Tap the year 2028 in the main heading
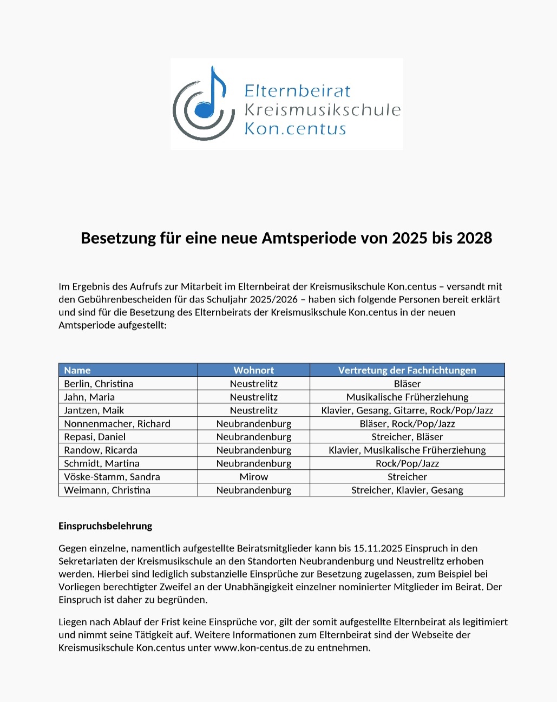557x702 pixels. pyautogui.click(x=474, y=238)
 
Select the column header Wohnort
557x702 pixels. pyautogui.click(x=253, y=370)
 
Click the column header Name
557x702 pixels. pyautogui.click(x=77, y=370)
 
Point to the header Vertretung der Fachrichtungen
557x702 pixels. pyautogui.click(x=407, y=370)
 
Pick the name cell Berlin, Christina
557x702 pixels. pyautogui.click(x=99, y=384)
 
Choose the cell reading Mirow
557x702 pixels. pyautogui.click(x=253, y=477)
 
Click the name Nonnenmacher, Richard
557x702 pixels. pyautogui.click(x=117, y=424)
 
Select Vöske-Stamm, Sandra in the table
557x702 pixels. pyautogui.click(x=112, y=477)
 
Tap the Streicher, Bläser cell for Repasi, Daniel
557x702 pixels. pyautogui.click(x=407, y=437)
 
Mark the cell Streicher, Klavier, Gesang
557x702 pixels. pyautogui.click(x=407, y=490)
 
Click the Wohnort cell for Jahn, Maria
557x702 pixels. pyautogui.click(x=253, y=397)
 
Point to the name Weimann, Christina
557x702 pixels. pyautogui.click(x=107, y=490)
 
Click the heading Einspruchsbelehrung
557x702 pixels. pyautogui.click(x=106, y=526)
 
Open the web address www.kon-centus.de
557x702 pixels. pyautogui.click(x=258, y=648)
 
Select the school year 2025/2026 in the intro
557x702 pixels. pyautogui.click(x=274, y=299)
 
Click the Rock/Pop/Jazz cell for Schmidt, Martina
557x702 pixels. pyautogui.click(x=407, y=464)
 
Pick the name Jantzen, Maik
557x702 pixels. pyautogui.click(x=94, y=410)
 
